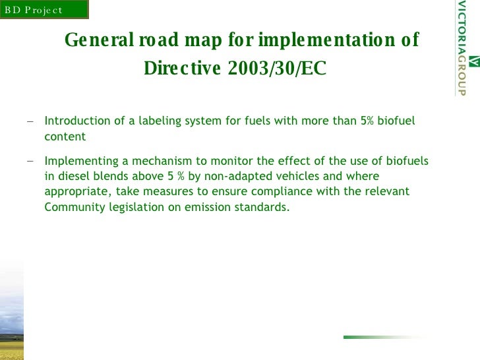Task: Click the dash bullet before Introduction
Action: coord(30,122)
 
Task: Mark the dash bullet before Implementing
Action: coord(30,161)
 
